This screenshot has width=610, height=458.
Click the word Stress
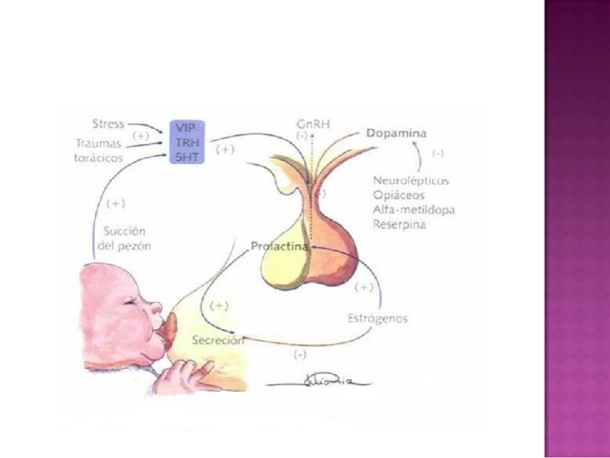108,125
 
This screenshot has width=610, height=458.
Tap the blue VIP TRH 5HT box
185,141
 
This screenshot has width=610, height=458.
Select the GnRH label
313,123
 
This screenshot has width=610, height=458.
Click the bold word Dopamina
396,133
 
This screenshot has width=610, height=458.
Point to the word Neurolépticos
411,181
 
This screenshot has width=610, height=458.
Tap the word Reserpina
399,224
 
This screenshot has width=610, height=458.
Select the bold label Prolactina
279,246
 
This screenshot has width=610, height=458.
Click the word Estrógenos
378,319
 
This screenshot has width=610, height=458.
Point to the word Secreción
218,340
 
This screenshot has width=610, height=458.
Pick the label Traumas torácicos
98,150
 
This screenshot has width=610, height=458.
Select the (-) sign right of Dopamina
440,154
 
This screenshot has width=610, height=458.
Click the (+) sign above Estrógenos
364,287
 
